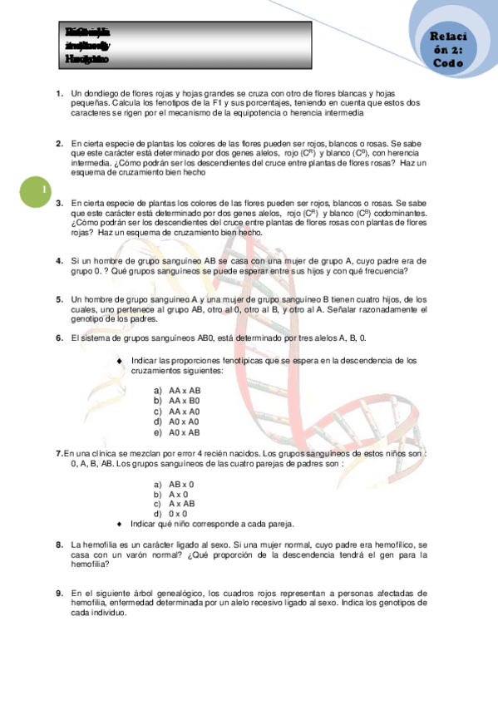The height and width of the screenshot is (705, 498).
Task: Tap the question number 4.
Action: [x=59, y=260]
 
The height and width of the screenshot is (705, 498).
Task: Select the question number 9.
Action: [x=59, y=593]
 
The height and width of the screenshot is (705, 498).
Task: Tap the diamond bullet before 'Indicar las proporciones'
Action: [x=121, y=360]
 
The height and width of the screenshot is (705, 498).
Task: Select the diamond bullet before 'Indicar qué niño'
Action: [x=121, y=524]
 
